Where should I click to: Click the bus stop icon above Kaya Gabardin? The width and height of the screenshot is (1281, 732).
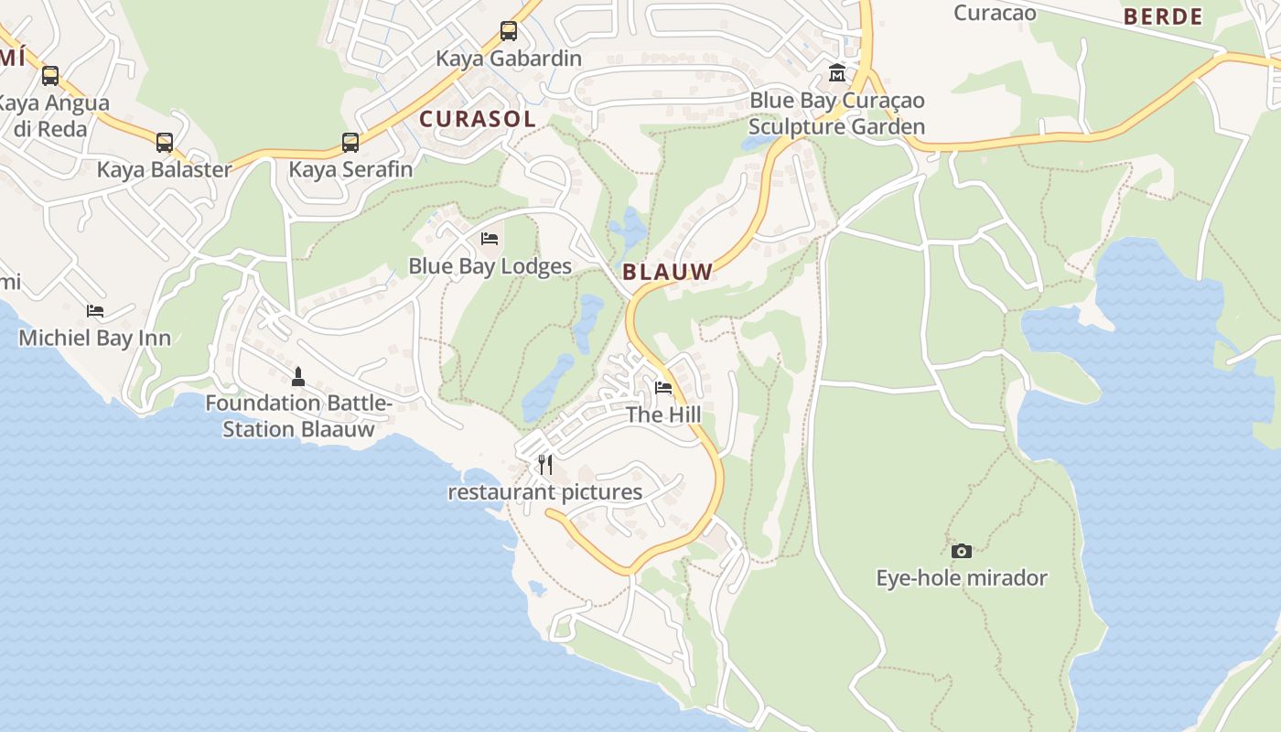509,31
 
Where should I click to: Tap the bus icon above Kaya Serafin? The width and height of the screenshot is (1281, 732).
350,143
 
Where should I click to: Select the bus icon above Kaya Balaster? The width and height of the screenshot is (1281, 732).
165,143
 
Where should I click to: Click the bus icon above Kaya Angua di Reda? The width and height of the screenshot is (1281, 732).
50,76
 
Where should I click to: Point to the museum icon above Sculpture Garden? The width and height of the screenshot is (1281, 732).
836,73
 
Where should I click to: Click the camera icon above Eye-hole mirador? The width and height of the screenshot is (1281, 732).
961,551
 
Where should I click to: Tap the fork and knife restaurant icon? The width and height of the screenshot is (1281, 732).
545,465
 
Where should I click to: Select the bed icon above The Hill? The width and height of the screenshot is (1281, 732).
663,388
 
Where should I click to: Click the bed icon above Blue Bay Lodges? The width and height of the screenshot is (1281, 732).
490,240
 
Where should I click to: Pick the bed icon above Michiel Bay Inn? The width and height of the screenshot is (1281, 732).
95,311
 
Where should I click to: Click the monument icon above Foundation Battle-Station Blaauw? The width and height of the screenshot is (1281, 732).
297,376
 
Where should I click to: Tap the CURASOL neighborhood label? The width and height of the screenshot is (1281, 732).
477,119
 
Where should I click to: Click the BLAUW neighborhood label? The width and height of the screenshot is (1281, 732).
667,272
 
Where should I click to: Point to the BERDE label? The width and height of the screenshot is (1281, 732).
1163,16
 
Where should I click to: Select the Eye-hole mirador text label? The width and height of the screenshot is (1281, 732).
961,578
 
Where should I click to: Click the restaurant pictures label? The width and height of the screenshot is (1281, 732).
544,492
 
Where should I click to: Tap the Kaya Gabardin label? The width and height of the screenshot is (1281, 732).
508,59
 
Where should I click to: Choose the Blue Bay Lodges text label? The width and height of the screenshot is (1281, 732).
490,266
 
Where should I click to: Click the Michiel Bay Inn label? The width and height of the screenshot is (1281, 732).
95,338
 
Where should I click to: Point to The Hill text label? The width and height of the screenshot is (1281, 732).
663,414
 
